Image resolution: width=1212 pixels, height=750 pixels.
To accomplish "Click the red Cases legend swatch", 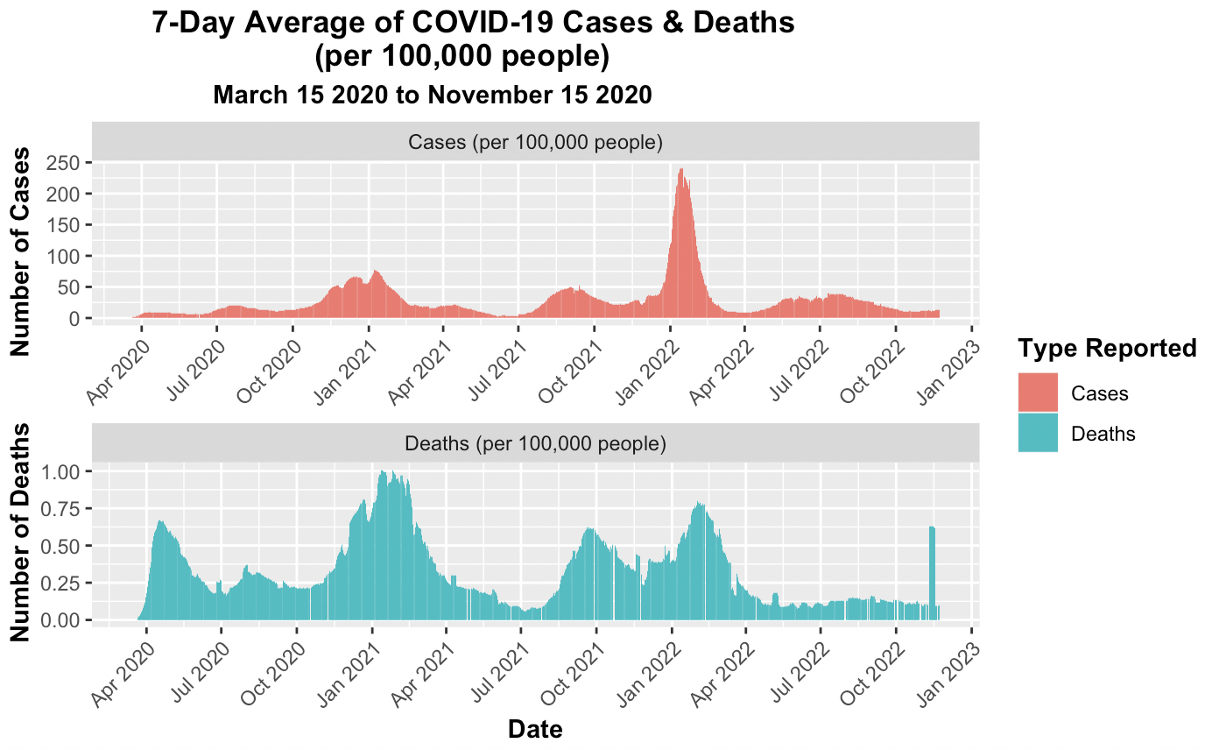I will pyautogui.click(x=1038, y=393).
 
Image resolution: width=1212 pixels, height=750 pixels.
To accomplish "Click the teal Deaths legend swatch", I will pyautogui.click(x=1038, y=433).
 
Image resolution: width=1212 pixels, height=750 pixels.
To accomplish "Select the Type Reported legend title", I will pyautogui.click(x=1107, y=349).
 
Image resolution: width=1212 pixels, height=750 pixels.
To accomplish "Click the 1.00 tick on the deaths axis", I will pyautogui.click(x=57, y=472).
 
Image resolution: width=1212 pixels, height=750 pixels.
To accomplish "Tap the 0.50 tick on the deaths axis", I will pyautogui.click(x=57, y=546).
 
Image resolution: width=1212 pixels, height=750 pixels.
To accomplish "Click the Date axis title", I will pyautogui.click(x=535, y=729).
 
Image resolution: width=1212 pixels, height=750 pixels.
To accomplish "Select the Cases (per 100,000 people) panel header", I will pyautogui.click(x=535, y=142).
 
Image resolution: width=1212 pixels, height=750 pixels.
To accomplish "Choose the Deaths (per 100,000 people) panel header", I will pyautogui.click(x=535, y=443).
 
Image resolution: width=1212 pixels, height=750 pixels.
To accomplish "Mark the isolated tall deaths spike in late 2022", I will pyautogui.click(x=933, y=570).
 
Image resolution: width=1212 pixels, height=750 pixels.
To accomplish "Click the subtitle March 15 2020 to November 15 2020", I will pyautogui.click(x=433, y=95).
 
